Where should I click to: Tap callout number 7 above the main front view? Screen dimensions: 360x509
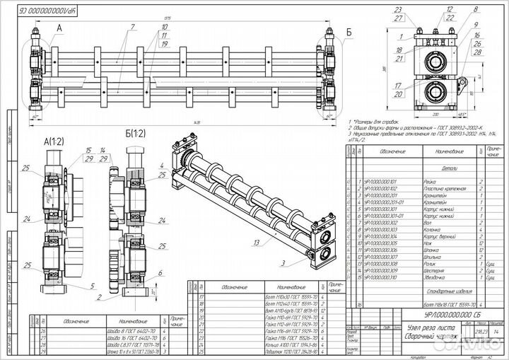click(x=132, y=27)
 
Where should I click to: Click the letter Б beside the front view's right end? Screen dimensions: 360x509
click(x=350, y=32)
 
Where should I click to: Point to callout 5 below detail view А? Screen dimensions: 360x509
click(x=93, y=286)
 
